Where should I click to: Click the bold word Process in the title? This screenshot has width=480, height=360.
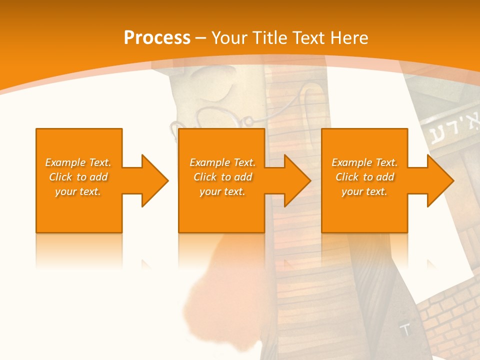[157, 38]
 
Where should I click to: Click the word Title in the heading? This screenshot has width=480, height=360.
[270, 38]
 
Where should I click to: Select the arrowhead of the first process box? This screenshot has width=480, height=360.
[152, 180]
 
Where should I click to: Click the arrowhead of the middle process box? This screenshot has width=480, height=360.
[295, 180]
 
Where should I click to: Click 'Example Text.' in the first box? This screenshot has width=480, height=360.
[78, 162]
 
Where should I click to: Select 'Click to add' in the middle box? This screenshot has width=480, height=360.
[222, 177]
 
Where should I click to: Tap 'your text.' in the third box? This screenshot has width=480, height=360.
[364, 191]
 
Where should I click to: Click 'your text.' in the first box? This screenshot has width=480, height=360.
[78, 191]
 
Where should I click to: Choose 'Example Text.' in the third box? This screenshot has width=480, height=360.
[364, 162]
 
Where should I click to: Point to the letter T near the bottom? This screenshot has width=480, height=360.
[405, 330]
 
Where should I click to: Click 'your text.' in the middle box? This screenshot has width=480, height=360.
[222, 191]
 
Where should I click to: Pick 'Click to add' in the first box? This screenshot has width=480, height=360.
[78, 177]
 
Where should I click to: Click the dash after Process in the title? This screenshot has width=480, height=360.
[201, 38]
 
